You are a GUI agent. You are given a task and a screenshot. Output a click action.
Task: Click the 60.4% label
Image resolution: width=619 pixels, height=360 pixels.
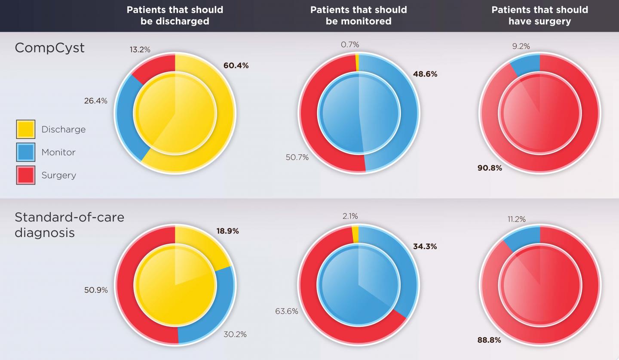point(236,66)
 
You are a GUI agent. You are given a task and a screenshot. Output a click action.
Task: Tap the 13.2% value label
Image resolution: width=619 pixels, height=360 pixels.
point(140,50)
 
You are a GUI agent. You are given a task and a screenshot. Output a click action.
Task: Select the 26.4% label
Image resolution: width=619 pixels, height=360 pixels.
point(96,101)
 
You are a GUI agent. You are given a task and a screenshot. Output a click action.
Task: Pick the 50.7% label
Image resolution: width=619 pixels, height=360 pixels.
point(297,157)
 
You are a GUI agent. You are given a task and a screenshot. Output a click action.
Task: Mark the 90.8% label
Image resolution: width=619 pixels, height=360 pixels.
point(490,168)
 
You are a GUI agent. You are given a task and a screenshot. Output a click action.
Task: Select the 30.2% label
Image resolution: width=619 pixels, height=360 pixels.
point(235,334)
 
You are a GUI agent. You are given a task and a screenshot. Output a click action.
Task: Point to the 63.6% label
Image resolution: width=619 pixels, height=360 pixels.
point(287,311)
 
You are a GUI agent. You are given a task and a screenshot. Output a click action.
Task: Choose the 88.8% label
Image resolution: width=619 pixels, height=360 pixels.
point(489,340)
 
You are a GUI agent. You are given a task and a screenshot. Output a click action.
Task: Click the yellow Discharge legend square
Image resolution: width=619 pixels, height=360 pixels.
point(26,129)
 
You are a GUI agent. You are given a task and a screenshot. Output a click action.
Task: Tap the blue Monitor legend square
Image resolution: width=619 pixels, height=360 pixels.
point(26,152)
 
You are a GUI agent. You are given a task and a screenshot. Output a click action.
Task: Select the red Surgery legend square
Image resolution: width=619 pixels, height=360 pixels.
point(26,175)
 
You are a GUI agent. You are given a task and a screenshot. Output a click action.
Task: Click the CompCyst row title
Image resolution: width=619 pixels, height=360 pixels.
point(49,48)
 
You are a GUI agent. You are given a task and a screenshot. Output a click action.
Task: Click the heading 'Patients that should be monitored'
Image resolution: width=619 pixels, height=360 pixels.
point(359,15)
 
